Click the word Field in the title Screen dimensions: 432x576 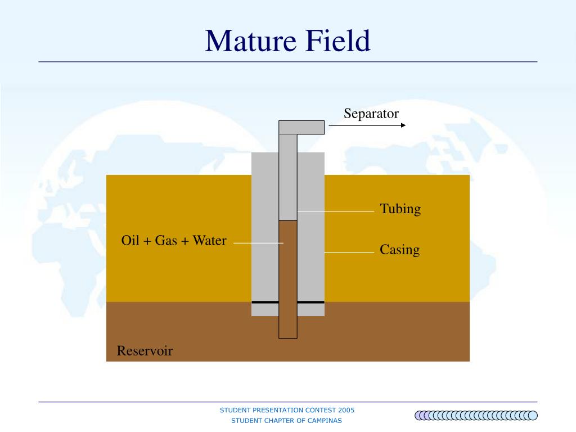pos(338,41)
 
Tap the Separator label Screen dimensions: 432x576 pos(371,114)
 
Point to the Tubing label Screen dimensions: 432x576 pos(400,209)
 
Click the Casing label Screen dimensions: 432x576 pos(399,249)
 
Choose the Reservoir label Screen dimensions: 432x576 pos(145,351)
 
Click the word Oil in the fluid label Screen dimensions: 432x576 pos(129,241)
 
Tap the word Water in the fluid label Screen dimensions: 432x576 pos(209,241)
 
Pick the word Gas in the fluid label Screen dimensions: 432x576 pos(166,241)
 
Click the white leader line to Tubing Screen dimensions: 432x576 pos(336,211)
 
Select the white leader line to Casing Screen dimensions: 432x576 pos(349,252)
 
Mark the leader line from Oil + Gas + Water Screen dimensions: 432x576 pos(258,243)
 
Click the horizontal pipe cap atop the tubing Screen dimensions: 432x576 pos(301,127)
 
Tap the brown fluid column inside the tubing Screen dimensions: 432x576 pos(288,278)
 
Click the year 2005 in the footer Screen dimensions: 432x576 pos(346,410)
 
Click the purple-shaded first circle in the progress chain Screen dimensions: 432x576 pos(420,416)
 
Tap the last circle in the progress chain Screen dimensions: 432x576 pos(533,416)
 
